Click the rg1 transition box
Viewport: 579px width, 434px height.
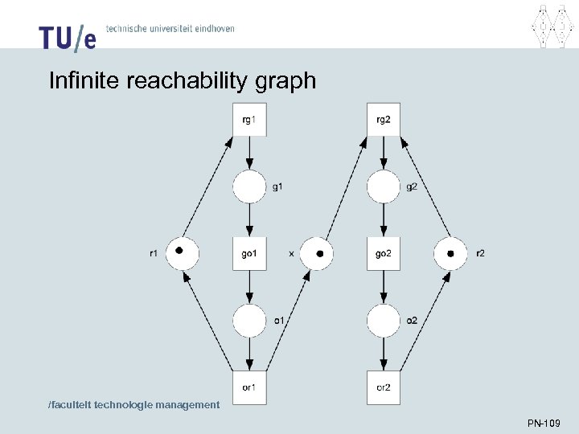pos(249,120)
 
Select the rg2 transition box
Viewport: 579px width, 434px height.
pos(384,120)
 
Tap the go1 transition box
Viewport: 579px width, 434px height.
pos(249,254)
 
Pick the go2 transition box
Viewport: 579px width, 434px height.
pos(384,254)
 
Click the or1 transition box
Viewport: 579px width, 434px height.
pos(249,387)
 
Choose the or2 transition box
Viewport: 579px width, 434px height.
pos(384,387)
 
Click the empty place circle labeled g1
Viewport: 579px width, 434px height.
pos(249,187)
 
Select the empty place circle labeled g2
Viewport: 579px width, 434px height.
pos(384,187)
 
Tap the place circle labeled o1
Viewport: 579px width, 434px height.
pos(249,321)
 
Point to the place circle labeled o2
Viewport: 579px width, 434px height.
pos(384,321)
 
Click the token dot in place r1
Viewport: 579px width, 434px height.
pos(180,252)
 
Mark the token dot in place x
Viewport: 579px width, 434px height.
pos(320,254)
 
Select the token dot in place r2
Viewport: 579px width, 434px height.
pos(450,254)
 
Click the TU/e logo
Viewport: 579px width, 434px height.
pos(67,37)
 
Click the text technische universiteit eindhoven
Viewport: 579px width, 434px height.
pos(170,28)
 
